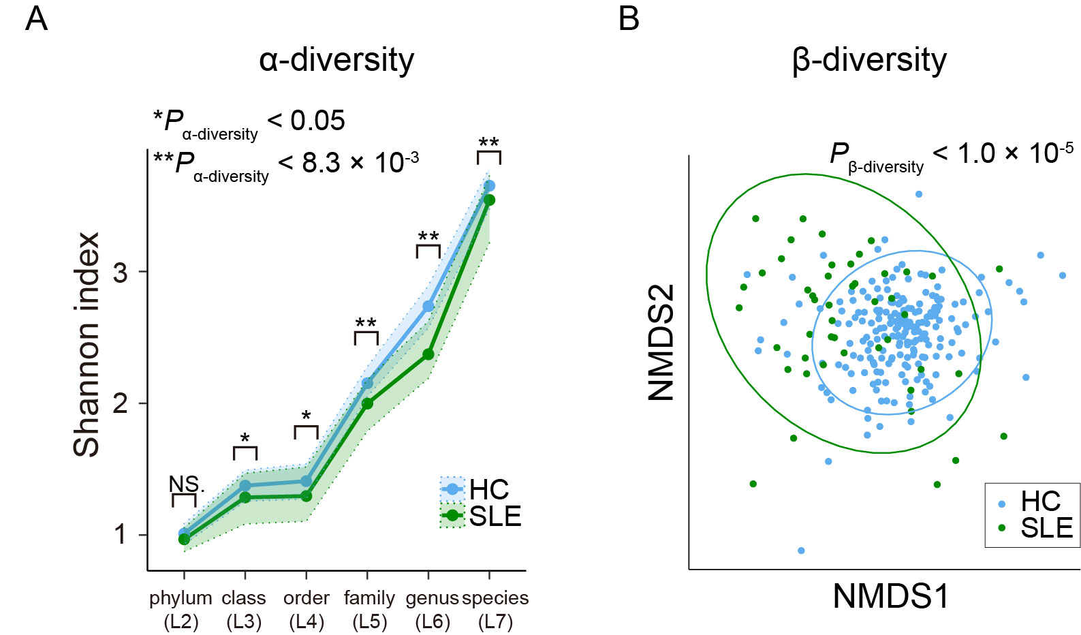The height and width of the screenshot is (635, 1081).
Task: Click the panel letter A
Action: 37,18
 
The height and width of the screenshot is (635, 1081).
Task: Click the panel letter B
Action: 629,18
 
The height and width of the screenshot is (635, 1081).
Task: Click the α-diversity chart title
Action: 336,60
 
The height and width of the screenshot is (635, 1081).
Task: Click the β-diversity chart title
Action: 869,60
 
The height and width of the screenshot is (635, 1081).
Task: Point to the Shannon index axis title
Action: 87,344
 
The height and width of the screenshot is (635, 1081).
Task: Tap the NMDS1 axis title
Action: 891,597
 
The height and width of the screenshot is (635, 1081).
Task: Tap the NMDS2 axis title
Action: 661,342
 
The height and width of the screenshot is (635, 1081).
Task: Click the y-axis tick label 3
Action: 121,273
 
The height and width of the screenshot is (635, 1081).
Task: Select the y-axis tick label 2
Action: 121,403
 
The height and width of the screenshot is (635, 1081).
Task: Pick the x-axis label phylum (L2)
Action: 181,609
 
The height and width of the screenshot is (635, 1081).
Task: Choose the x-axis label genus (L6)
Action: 432,609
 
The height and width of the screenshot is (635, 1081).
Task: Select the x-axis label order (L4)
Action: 307,609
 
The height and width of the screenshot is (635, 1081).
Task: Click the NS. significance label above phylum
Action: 185,484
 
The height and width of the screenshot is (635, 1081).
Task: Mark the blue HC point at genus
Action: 428,307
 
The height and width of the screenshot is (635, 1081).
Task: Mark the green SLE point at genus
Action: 428,354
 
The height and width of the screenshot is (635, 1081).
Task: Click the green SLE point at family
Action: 367,403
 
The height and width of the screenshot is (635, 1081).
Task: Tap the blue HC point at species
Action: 489,186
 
